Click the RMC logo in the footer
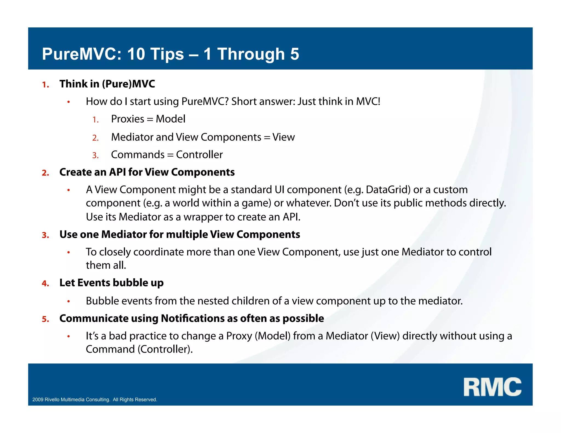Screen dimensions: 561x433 [492, 387]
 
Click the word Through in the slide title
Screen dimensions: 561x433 [251, 54]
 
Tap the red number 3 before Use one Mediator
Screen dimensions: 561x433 [45, 235]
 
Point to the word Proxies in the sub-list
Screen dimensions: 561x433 [127, 119]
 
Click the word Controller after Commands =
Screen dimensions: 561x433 [199, 155]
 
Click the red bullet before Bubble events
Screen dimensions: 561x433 [69, 301]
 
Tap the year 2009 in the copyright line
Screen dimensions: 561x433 [38, 400]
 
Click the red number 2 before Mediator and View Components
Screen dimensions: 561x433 [95, 138]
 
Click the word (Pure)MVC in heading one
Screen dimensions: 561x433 [128, 84]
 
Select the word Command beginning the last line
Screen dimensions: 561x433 [110, 349]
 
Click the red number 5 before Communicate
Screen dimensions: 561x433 [45, 319]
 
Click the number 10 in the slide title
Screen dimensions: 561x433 [136, 54]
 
